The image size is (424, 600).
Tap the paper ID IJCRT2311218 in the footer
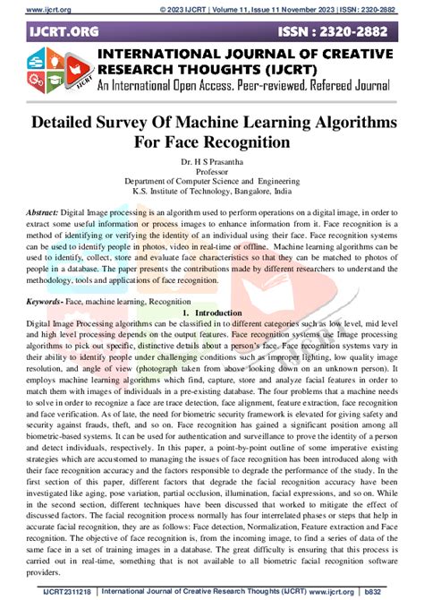click(56, 591)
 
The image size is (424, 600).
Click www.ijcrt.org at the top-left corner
click(35, 7)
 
